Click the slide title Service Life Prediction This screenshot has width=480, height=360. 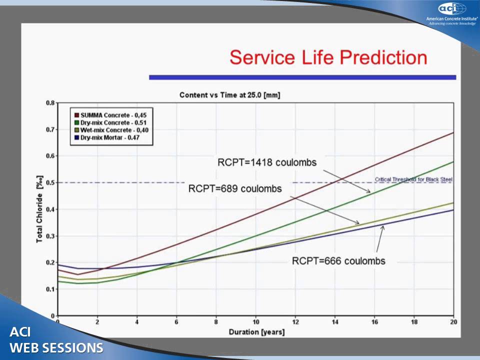pos(328,57)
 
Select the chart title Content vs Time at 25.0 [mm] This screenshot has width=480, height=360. pos(229,95)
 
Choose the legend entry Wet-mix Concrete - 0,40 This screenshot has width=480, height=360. pos(110,130)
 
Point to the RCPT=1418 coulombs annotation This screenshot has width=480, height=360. pos(267,163)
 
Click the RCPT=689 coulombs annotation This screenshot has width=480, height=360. pos(235,189)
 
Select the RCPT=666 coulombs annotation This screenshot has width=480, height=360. pos(338,261)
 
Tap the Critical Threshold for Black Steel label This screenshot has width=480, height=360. pos(413,179)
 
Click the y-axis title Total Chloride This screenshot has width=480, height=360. pos(39,209)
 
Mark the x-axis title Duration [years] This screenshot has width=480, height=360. pos(256,332)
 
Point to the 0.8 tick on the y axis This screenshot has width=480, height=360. pos(50,103)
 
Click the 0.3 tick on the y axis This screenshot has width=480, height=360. pos(50,236)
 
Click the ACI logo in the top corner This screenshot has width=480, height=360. pos(451,9)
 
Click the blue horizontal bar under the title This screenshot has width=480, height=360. pos(302,77)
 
